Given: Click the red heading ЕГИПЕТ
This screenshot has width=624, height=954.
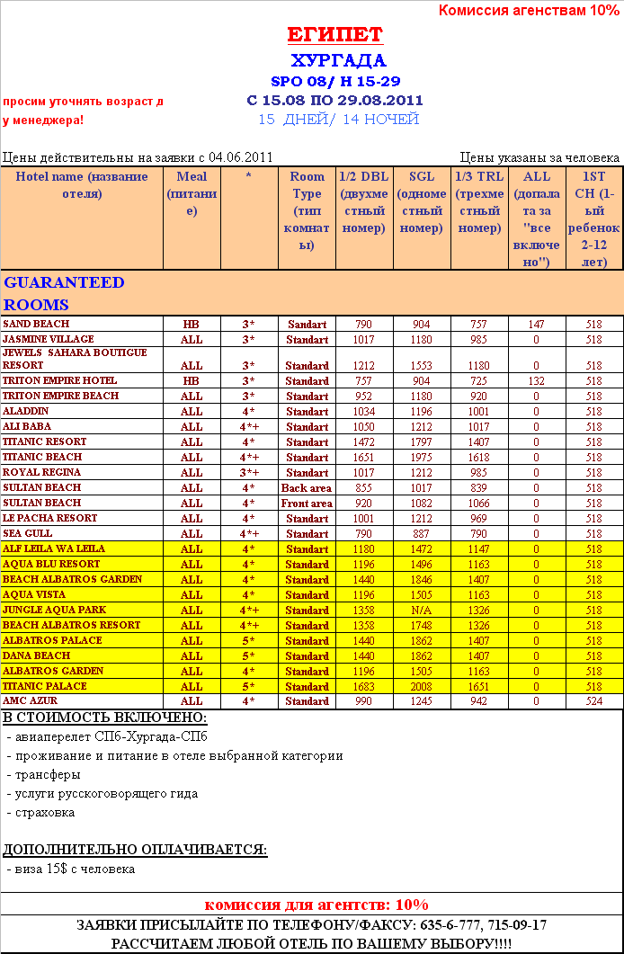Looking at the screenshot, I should [334, 35].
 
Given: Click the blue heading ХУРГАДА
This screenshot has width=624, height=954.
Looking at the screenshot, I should [338, 60].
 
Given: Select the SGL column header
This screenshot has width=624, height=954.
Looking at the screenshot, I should [422, 202].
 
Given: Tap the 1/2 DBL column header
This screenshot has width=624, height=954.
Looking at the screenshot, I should [364, 202].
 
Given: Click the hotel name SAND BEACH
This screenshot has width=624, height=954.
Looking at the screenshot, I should [36, 324].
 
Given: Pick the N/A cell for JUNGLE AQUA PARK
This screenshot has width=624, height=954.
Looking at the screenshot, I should [422, 611].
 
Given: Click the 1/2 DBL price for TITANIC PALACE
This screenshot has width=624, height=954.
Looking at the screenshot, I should [363, 686].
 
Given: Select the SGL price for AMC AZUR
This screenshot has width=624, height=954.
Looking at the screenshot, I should [422, 701].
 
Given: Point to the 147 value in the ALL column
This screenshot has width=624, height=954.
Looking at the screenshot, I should [536, 324].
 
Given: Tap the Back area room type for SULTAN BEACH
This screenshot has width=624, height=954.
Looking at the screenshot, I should [307, 488].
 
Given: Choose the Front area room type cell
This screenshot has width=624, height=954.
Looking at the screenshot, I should [307, 504].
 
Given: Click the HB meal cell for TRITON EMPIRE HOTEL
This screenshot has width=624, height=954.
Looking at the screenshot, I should [192, 381].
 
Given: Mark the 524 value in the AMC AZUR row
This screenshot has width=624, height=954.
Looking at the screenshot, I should [593, 701].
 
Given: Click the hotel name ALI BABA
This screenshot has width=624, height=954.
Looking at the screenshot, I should [27, 426].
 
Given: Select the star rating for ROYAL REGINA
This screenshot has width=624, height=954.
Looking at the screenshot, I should [249, 473].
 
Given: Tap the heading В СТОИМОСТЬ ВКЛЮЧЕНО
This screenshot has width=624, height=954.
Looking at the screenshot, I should [104, 718].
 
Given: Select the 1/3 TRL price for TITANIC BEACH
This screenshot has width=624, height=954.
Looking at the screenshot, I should [478, 458].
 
